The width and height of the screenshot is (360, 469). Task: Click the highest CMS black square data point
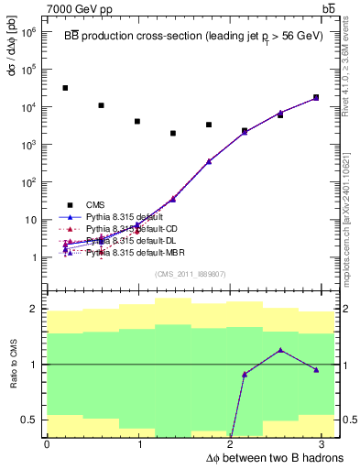(x=65, y=88)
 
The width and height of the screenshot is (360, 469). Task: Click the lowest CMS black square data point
(x=172, y=133)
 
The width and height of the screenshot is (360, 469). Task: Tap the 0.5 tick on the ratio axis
(x=28, y=420)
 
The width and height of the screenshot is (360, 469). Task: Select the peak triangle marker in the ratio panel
(x=280, y=350)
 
